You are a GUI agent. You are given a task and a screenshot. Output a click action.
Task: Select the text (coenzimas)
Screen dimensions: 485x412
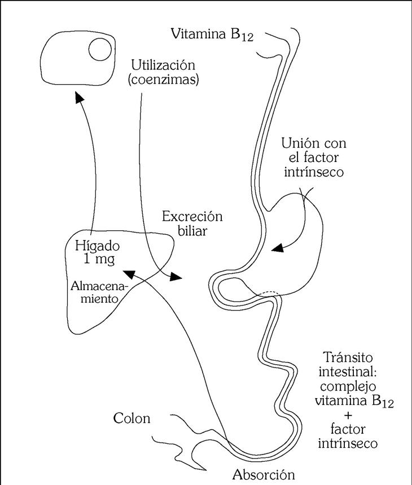163,80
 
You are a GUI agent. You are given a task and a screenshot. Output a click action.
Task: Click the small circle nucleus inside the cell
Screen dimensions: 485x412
101,49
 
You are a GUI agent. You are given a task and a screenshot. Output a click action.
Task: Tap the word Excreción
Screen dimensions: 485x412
192,216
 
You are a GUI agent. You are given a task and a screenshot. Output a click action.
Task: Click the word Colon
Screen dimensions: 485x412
132,419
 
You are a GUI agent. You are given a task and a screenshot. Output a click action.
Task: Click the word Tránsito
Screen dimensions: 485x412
348,358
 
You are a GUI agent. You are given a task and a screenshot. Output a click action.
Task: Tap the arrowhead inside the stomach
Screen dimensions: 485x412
278,249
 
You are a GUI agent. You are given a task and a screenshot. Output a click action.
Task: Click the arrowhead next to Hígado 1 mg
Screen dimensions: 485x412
129,273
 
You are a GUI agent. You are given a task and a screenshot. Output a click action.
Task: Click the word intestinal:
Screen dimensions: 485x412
345,373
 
